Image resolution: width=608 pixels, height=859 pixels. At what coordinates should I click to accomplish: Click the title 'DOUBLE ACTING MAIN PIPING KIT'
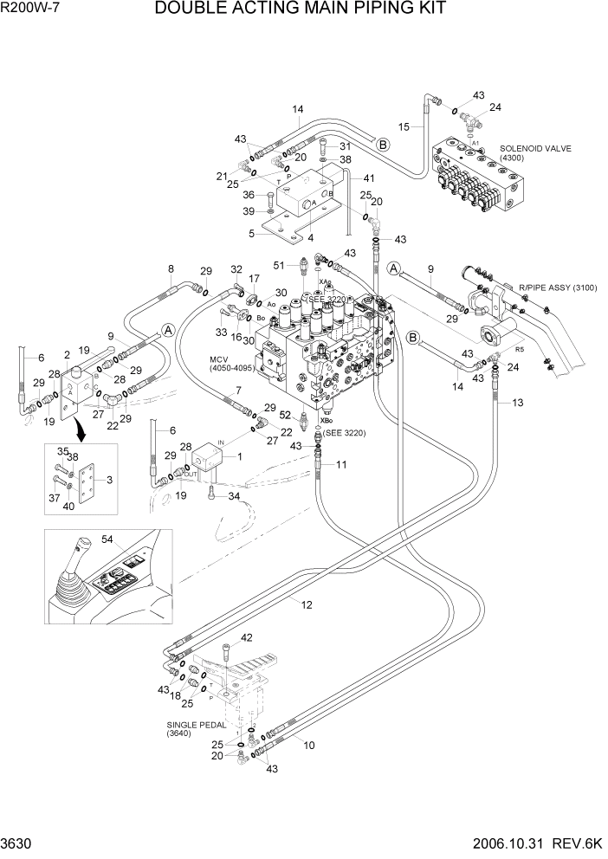click(x=301, y=10)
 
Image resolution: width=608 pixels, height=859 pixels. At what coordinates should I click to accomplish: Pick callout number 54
click(x=107, y=540)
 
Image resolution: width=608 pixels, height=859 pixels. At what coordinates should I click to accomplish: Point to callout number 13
click(x=518, y=403)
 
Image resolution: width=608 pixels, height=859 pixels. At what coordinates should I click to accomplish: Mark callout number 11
click(x=341, y=465)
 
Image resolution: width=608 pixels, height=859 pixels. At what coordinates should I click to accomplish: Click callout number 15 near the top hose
click(x=404, y=127)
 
